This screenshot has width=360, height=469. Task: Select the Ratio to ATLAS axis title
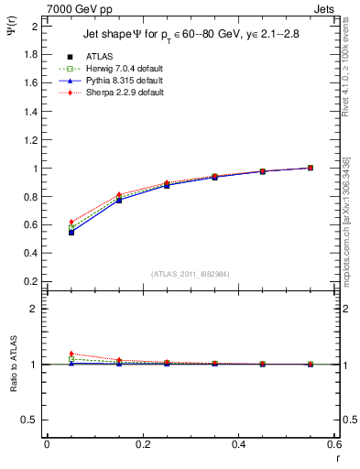point(16,363)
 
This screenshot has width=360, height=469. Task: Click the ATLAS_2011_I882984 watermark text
point(191,273)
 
